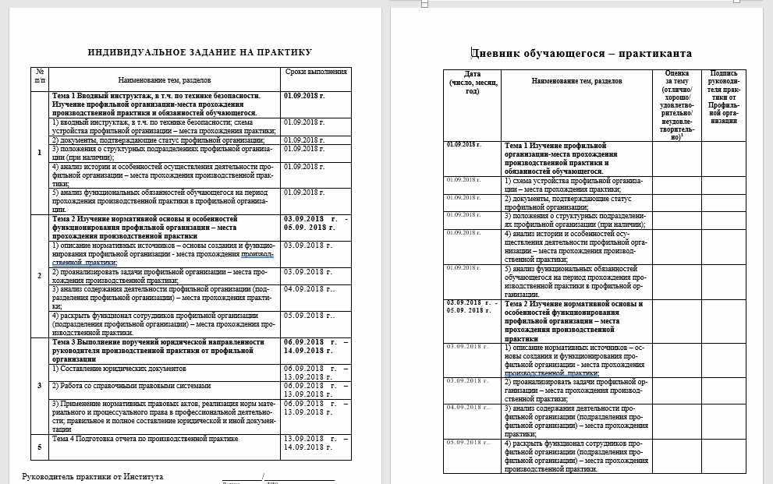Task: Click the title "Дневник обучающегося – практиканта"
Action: [x=581, y=53]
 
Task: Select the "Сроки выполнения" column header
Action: [x=316, y=72]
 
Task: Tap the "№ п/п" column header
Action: [x=40, y=76]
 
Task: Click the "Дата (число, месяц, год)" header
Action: [x=472, y=81]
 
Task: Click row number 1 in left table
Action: [x=40, y=151]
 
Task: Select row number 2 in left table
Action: [x=40, y=276]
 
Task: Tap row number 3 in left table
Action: [x=40, y=386]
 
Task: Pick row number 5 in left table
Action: [x=40, y=447]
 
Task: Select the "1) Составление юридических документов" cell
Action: [x=114, y=368]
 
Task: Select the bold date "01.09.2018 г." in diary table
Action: [x=463, y=146]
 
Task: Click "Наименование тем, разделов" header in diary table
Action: [x=577, y=81]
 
